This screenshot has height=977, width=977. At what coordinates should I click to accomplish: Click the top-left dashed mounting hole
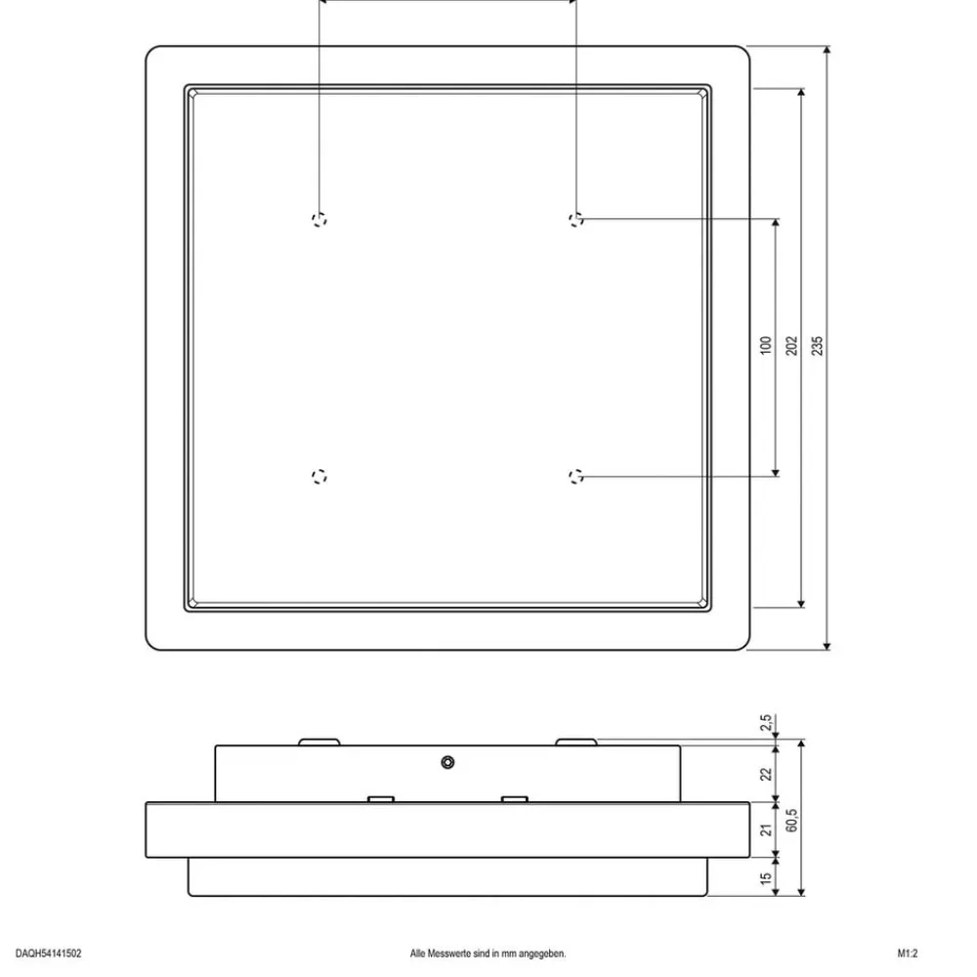319,219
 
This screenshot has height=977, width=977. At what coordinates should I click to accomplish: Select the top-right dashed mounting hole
576,219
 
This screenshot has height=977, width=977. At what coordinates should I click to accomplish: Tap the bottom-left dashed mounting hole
319,477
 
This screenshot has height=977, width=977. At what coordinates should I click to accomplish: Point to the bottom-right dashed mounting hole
576,477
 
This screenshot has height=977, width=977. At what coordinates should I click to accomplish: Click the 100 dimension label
766,345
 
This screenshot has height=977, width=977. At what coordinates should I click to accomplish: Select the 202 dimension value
791,346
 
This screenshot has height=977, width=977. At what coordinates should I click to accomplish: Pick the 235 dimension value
817,346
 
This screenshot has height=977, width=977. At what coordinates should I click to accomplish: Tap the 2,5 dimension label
766,723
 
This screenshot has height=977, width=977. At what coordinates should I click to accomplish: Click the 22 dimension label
766,774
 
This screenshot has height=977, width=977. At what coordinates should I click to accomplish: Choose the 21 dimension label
766,829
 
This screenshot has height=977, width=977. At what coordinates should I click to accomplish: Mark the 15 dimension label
766,878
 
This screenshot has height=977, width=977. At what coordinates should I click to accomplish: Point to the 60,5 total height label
791,821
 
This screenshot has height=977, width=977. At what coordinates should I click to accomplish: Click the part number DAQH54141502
49,954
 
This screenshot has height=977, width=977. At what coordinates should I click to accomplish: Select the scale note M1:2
908,954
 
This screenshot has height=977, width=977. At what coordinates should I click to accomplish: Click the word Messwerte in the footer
449,954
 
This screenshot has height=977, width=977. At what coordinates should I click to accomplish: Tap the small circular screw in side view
447,762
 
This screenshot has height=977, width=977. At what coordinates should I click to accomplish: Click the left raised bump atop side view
319,743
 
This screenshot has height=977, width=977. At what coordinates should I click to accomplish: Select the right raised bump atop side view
576,743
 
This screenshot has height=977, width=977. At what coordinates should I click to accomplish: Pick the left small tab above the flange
381,799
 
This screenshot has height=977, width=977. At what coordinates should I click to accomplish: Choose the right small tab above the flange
515,799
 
